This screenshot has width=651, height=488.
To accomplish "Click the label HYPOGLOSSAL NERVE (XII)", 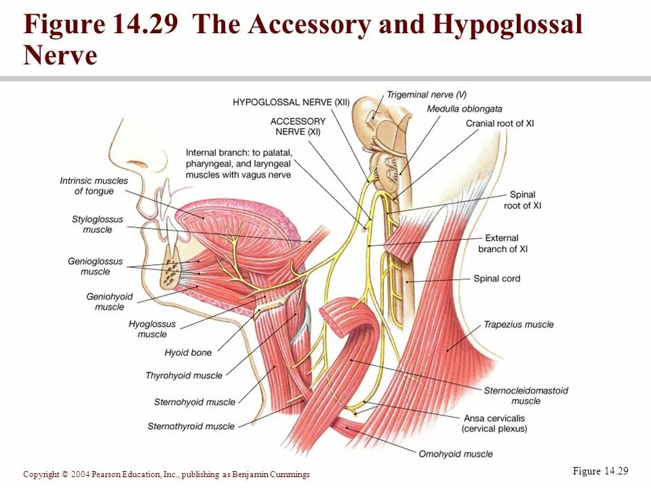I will (x=291, y=102).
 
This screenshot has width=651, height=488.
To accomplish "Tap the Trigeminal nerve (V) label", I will (x=427, y=95).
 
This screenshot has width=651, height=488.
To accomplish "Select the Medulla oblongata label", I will (x=465, y=108).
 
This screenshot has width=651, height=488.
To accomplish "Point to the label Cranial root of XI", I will (x=500, y=123).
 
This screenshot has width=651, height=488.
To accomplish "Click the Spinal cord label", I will (x=496, y=279).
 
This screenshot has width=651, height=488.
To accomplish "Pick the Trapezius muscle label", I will (x=518, y=325).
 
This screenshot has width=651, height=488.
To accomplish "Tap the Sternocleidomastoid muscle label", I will (x=526, y=395).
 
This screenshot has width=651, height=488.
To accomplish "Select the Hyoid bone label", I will (x=188, y=352).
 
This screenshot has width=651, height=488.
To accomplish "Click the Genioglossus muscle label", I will (x=95, y=266).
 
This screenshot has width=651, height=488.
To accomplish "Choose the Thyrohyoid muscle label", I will (x=184, y=375).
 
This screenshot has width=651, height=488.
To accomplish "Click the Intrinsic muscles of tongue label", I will (x=94, y=186).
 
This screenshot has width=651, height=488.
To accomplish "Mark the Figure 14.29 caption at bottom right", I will (x=601, y=472).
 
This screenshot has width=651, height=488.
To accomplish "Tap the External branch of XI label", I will (x=502, y=243).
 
